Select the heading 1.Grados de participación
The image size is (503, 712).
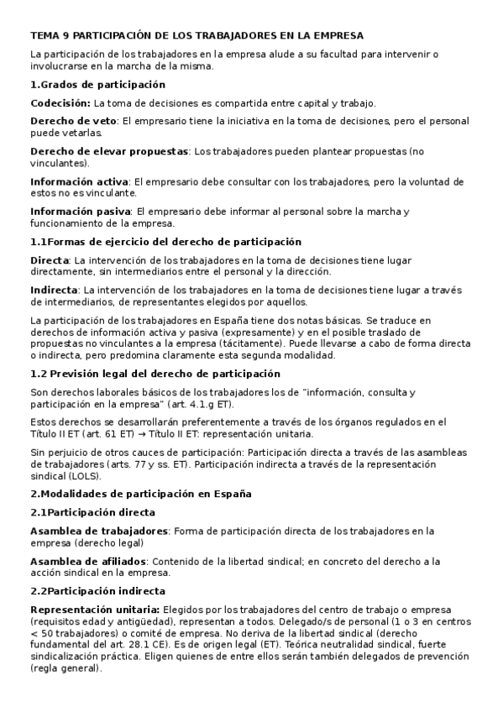point(97,85)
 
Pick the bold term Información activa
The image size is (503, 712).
point(79,181)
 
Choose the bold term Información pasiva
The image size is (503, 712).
point(80,212)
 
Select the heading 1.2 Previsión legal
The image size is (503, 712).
point(108,374)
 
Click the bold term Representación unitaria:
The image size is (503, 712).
point(95,609)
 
